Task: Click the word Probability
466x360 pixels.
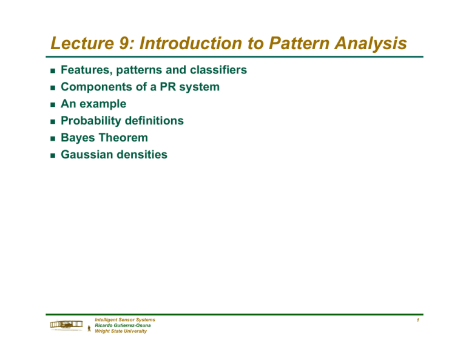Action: (92, 121)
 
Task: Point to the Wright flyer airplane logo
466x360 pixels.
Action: (66, 327)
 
